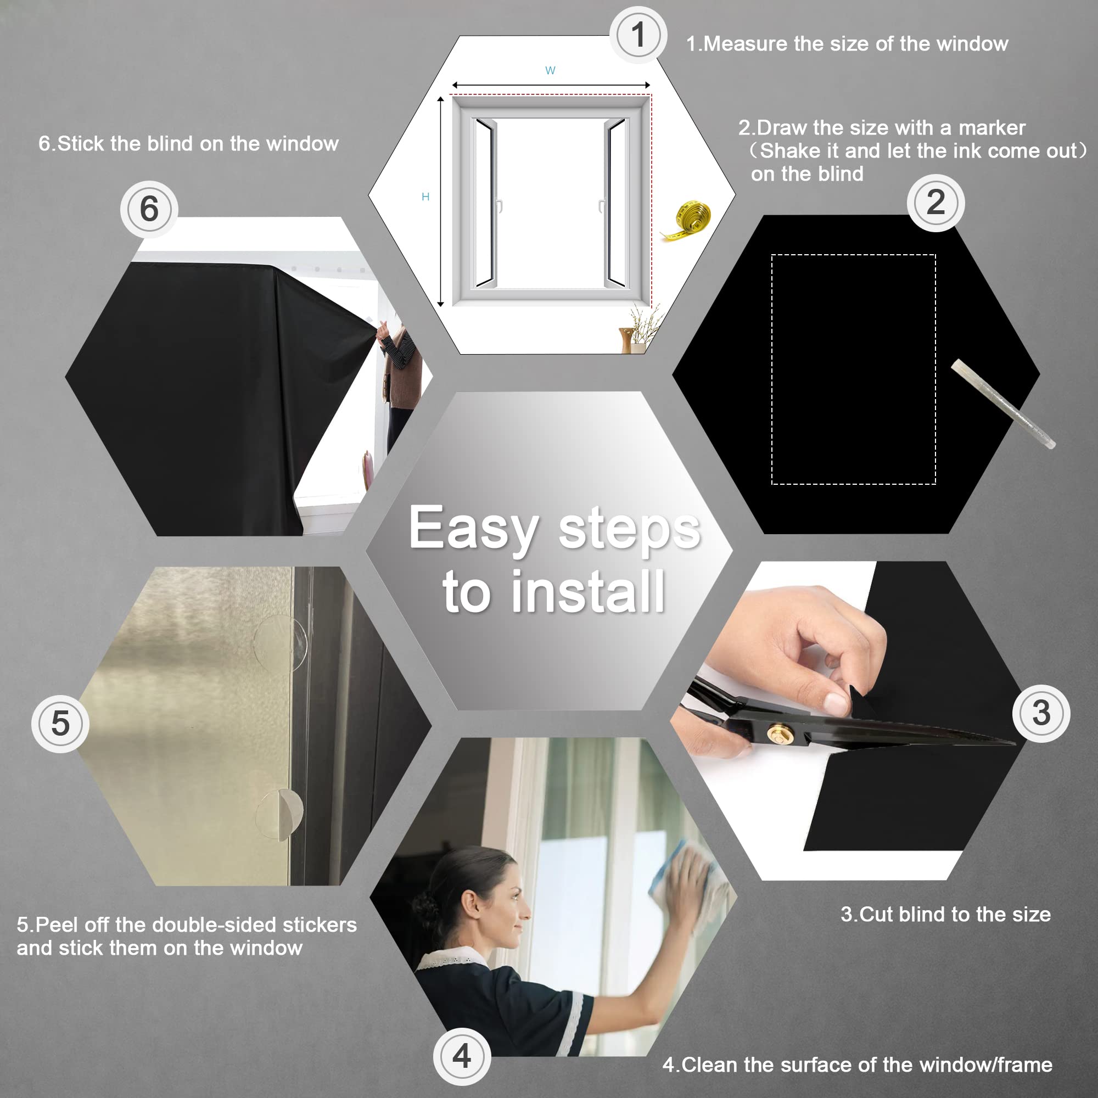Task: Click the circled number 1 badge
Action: [638, 35]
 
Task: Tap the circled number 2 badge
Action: [935, 203]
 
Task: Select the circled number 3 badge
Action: [1041, 713]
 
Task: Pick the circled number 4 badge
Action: [462, 1056]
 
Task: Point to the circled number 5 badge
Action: [60, 724]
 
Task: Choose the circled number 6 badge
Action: [149, 209]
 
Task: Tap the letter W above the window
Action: [550, 70]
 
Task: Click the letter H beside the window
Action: [425, 197]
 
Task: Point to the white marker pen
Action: [1003, 404]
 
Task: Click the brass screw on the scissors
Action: [776, 736]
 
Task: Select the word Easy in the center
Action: [473, 529]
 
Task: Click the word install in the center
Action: [587, 592]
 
